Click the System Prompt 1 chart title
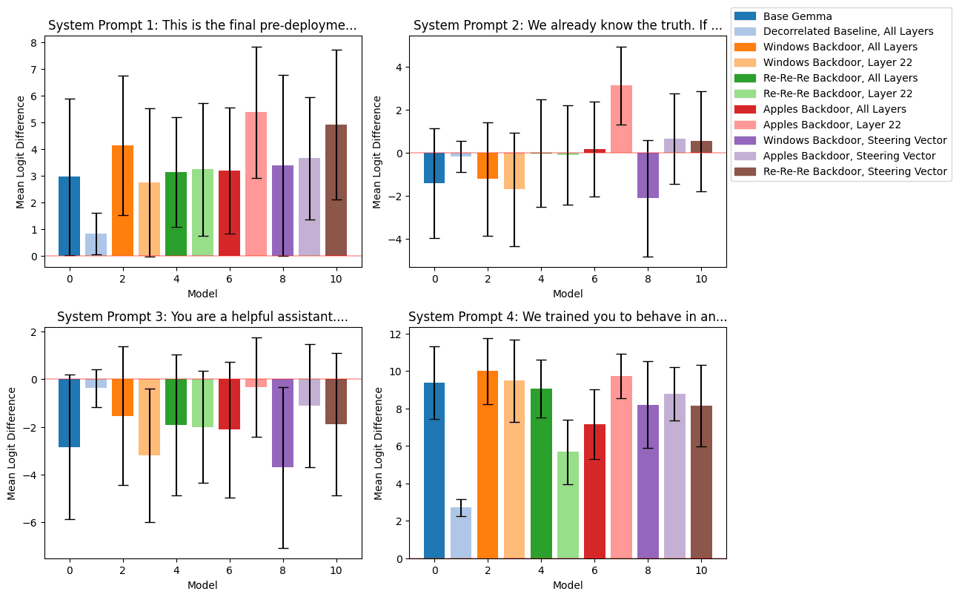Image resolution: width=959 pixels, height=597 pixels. click(202, 25)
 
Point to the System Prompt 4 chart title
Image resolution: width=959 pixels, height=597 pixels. click(568, 317)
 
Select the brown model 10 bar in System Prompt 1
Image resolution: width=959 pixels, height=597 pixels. click(336, 190)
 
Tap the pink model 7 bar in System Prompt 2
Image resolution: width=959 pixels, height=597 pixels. click(621, 119)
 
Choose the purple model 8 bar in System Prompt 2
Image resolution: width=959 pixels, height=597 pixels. click(648, 175)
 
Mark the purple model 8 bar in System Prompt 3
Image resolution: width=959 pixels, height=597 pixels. click(283, 423)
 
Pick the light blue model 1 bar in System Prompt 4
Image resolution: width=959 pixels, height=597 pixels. click(461, 532)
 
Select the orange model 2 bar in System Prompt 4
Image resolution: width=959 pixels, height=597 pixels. click(488, 464)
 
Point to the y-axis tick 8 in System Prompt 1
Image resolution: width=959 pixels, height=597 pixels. click(33, 42)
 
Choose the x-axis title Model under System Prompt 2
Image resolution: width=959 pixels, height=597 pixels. click(568, 294)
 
